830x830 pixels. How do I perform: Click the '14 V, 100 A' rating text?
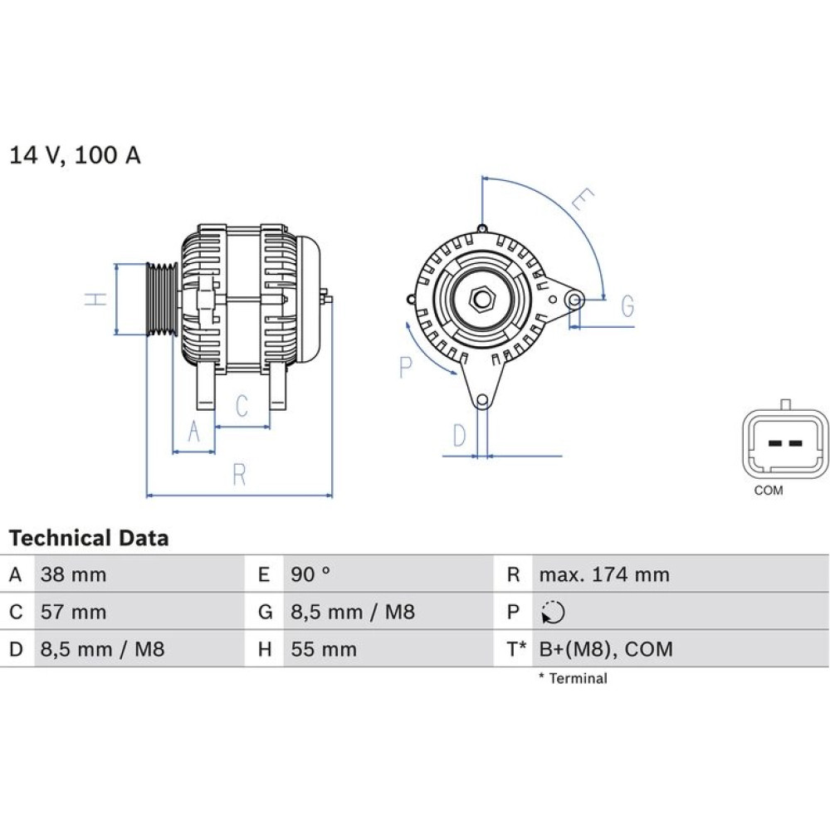click(75, 155)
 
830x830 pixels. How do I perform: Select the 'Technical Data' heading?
click(89, 538)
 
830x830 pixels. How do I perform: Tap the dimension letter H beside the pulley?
click(98, 299)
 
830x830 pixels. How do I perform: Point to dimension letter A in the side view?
click(194, 432)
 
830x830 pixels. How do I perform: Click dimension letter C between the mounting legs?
click(242, 407)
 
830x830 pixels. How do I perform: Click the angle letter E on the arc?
click(584, 200)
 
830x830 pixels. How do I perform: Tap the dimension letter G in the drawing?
click(627, 306)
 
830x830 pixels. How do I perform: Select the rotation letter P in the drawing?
click(406, 366)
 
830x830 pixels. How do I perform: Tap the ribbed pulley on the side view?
click(161, 299)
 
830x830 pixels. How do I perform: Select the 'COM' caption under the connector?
click(768, 491)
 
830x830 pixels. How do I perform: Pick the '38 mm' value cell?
click(74, 574)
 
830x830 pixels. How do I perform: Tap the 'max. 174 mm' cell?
click(604, 574)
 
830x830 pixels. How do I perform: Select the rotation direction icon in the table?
click(553, 613)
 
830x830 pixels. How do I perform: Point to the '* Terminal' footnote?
click(573, 678)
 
